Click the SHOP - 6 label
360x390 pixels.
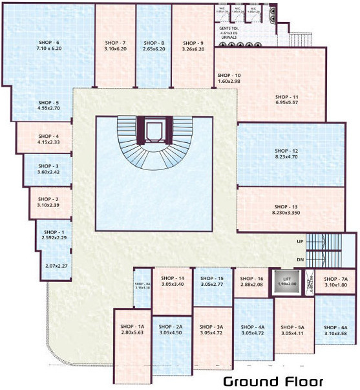[x=48, y=42]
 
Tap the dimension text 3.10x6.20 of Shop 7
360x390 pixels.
[x=115, y=49]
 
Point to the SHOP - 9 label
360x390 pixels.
[x=193, y=42]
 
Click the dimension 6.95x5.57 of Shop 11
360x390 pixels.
[x=286, y=103]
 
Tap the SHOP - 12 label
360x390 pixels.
[x=286, y=149]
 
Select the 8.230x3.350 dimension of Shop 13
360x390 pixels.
[x=286, y=211]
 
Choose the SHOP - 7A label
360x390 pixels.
[x=336, y=279]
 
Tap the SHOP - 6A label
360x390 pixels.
[x=336, y=327]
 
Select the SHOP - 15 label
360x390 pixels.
[x=212, y=278]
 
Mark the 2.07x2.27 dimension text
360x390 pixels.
[x=57, y=265]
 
